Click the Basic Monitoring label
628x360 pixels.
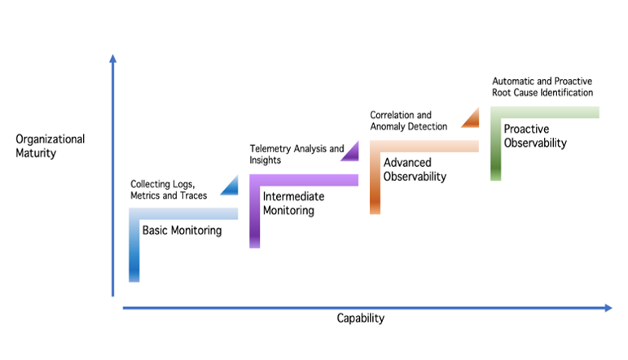coord(182,230)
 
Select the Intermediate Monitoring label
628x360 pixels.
coord(293,203)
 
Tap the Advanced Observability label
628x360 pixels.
coord(415,169)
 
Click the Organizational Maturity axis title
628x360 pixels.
coord(50,145)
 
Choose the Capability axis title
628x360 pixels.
coord(360,318)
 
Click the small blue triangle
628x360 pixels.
coord(230,187)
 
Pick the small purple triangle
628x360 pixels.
coord(351,151)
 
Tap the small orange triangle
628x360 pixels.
coord(471,119)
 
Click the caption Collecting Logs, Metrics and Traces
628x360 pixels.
coord(169,190)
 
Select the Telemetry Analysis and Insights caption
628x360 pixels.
coord(296,155)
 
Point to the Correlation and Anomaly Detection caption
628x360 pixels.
coord(408,121)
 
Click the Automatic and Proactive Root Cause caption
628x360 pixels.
coord(542,87)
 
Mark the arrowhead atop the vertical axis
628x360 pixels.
coord(112,58)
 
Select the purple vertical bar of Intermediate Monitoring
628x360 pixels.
coord(254,216)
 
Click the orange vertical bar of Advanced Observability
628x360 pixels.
coord(375,182)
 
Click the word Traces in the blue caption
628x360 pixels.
coord(193,195)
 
